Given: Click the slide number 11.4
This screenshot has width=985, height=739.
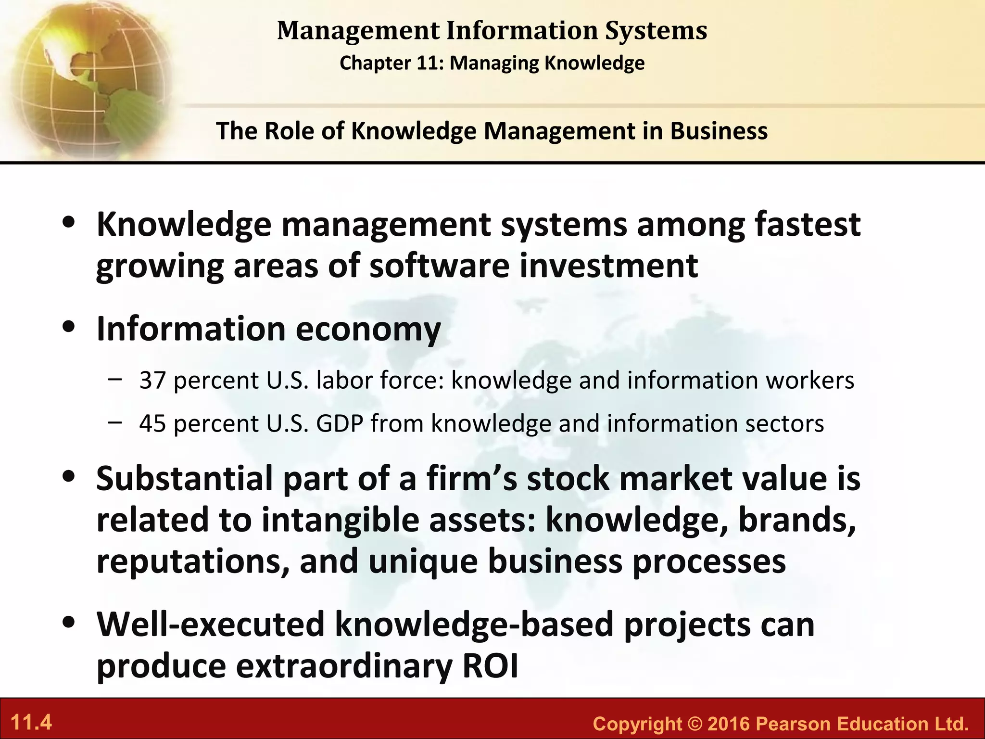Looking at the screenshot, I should coord(31,723).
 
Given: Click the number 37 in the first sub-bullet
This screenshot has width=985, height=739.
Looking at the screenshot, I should coord(152,380).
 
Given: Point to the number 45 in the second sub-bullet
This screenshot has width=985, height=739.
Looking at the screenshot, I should coord(152,423).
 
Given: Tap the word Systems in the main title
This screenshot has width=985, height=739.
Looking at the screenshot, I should coord(656,30).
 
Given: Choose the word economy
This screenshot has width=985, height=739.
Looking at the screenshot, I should coord(368,329).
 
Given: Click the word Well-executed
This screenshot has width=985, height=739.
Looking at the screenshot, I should coord(211,624).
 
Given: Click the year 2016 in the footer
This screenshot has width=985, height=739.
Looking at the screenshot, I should coord(729,724).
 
